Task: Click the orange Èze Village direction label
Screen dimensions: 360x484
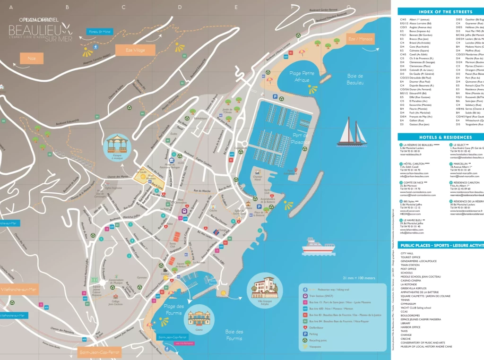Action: pos(129,50)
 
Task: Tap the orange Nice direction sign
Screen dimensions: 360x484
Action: pos(32,58)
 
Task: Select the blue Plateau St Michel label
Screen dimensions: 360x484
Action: pos(99,32)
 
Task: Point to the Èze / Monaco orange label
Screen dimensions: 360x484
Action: pos(360,39)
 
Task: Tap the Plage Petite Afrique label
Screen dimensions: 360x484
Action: pos(302,77)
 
